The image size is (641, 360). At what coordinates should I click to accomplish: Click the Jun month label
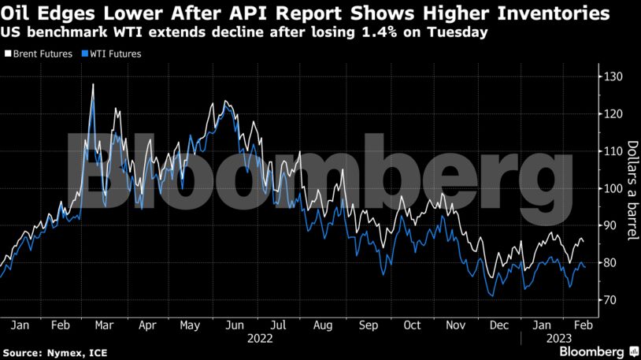pyautogui.click(x=235, y=324)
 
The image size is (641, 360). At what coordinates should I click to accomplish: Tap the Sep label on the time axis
pyautogui.click(x=368, y=324)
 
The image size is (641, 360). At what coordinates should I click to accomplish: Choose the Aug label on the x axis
pyautogui.click(x=322, y=324)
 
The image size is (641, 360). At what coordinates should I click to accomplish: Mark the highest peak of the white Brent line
pyautogui.click(x=93, y=84)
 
